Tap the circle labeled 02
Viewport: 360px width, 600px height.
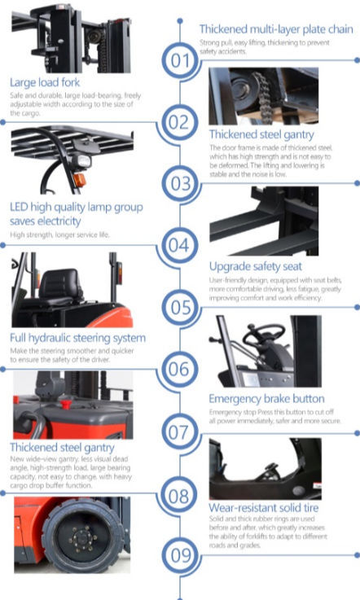tap(180, 122)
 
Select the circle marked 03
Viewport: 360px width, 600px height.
tap(180, 183)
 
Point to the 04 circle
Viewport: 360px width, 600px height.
tap(180, 244)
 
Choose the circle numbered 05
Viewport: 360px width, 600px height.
tap(180, 307)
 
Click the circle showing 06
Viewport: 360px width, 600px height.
tap(180, 369)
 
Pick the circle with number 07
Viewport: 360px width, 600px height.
tap(180, 431)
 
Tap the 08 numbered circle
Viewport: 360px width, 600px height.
tap(180, 493)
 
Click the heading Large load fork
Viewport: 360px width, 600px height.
tap(45, 81)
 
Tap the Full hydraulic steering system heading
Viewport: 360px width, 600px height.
tap(77, 337)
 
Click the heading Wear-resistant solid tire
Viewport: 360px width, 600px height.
tap(263, 509)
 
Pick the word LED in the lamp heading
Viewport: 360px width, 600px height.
tap(20, 206)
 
